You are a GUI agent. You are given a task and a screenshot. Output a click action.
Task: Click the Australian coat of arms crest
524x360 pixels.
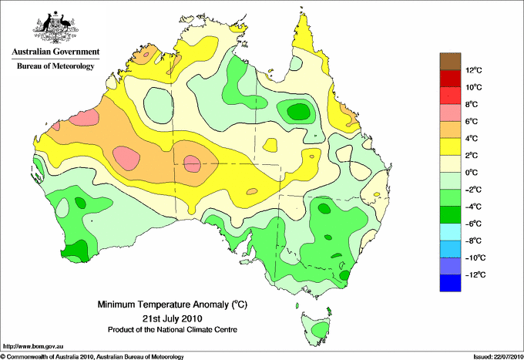click(x=55, y=27)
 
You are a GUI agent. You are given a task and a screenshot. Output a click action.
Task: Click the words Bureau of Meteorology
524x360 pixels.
click(x=55, y=66)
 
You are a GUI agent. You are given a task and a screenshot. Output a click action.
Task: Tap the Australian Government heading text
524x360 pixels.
click(x=55, y=52)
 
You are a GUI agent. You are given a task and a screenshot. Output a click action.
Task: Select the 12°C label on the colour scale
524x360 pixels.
click(x=474, y=70)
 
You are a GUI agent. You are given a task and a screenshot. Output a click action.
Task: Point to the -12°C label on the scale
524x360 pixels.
click(x=475, y=275)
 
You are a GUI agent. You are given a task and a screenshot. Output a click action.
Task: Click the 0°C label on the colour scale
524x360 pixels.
click(x=472, y=173)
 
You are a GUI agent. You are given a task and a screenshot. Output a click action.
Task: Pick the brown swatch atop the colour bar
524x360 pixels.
click(x=450, y=62)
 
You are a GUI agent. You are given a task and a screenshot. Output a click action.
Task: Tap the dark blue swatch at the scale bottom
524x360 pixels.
click(x=450, y=283)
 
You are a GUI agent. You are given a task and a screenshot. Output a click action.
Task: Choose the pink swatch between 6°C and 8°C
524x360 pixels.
click(x=450, y=113)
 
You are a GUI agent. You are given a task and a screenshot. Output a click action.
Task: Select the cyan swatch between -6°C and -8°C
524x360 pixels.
click(x=450, y=232)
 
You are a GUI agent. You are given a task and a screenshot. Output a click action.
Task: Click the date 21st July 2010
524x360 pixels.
click(x=173, y=318)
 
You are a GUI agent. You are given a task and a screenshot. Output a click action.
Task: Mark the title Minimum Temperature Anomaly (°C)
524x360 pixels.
click(x=173, y=304)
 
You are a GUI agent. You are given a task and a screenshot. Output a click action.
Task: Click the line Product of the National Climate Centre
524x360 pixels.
click(x=173, y=330)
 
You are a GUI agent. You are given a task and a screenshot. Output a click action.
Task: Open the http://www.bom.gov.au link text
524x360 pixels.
click(x=33, y=347)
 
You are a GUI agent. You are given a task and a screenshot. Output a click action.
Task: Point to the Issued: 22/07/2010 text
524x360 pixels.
click(x=498, y=357)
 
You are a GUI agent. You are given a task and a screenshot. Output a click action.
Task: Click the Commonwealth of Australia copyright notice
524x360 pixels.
click(x=92, y=357)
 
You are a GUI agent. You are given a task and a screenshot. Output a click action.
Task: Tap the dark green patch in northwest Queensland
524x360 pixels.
click(x=299, y=111)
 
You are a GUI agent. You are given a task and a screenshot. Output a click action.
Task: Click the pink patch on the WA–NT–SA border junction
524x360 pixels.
click(x=192, y=163)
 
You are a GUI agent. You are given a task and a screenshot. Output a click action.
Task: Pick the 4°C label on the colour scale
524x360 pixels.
click(x=472, y=139)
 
